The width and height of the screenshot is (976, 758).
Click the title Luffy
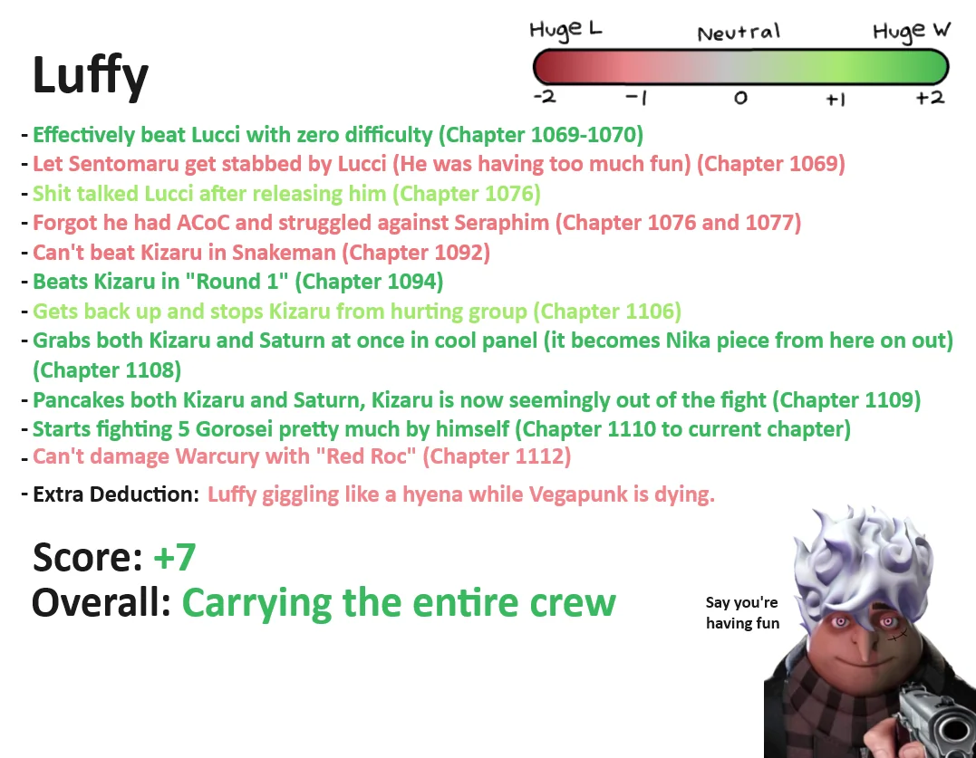pyautogui.click(x=91, y=76)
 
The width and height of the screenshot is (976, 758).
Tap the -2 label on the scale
pyautogui.click(x=546, y=97)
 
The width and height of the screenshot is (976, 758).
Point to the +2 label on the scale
pyautogui.click(x=931, y=98)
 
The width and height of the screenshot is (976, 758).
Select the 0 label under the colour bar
pyautogui.click(x=740, y=98)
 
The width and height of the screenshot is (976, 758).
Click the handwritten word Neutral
pyautogui.click(x=739, y=33)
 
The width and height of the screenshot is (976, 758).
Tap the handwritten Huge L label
pyautogui.click(x=565, y=30)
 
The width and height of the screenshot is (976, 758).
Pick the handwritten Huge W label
pyautogui.click(x=912, y=31)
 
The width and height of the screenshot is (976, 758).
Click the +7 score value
pyautogui.click(x=174, y=557)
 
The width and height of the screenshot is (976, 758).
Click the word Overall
pyautogui.click(x=101, y=602)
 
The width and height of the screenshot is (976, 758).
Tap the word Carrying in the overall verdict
pyautogui.click(x=258, y=604)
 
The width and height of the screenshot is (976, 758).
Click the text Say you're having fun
pyautogui.click(x=742, y=612)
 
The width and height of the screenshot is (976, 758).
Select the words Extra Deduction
pyautogui.click(x=116, y=494)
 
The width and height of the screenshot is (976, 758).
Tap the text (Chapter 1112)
pyautogui.click(x=497, y=456)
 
